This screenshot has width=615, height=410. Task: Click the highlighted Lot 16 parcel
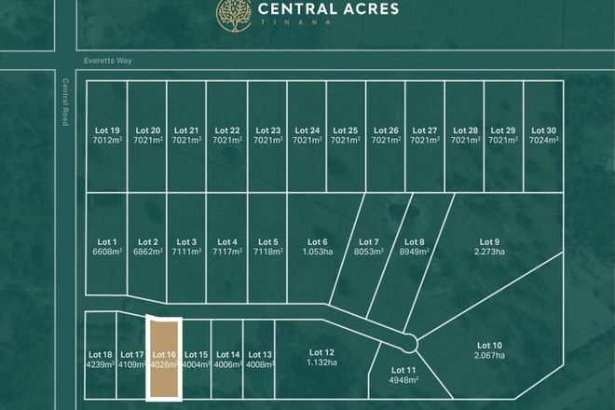(x=164, y=359)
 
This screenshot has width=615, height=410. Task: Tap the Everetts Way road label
(x=102, y=57)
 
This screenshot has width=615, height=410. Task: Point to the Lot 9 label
(x=489, y=242)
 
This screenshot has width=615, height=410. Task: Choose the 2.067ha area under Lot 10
(x=489, y=355)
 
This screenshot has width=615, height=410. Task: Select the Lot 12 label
(x=318, y=352)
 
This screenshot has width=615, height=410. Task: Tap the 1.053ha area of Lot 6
(x=318, y=252)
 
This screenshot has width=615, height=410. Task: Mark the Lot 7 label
(x=369, y=242)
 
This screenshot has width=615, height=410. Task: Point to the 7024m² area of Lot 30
(x=543, y=140)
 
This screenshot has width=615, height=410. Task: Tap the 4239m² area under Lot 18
(x=100, y=364)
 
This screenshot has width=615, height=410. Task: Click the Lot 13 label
(x=261, y=355)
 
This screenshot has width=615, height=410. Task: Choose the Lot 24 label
(x=307, y=130)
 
